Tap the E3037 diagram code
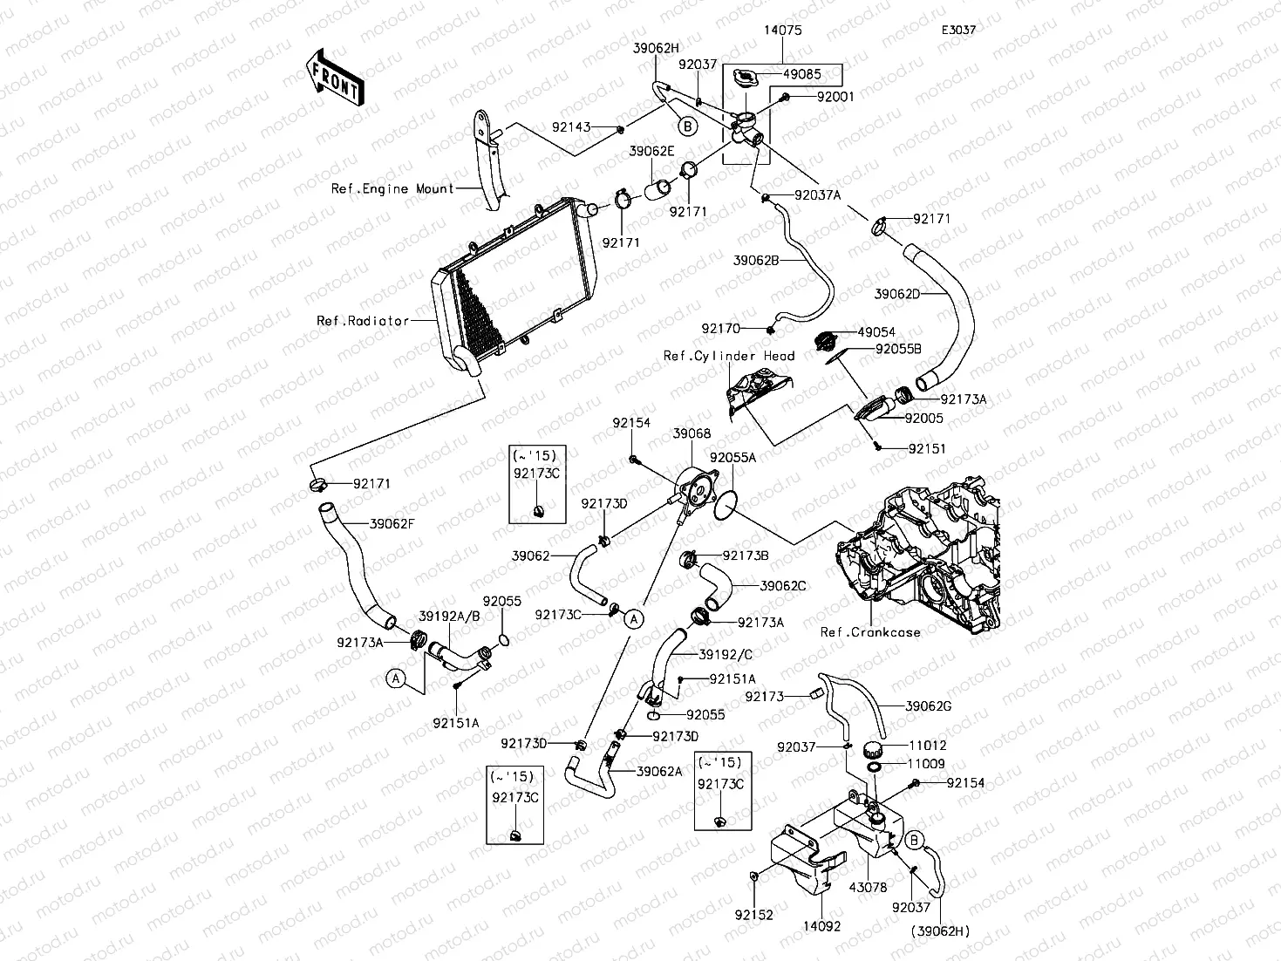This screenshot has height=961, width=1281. [958, 30]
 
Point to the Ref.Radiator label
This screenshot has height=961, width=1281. [363, 321]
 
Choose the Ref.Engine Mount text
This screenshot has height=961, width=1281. [392, 188]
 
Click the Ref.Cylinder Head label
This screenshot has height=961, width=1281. [729, 356]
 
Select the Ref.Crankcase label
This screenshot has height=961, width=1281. [870, 632]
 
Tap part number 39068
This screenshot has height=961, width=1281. [692, 433]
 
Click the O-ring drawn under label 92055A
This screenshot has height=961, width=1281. [726, 506]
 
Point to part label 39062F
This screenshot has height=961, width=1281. [392, 524]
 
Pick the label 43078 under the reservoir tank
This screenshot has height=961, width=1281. [868, 888]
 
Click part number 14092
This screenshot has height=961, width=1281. [822, 926]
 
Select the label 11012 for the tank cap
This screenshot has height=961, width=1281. [927, 746]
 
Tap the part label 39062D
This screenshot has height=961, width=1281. [897, 294]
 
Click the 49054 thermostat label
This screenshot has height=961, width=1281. [876, 332]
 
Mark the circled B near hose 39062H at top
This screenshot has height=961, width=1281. [687, 126]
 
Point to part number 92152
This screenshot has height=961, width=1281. [754, 916]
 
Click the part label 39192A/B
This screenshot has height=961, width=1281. [450, 616]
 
